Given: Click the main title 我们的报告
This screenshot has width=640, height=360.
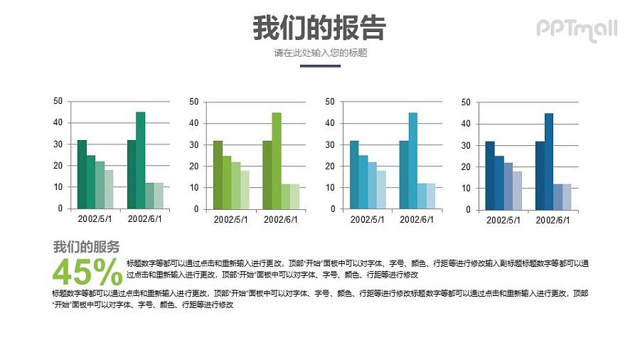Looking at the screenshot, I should pos(319,28).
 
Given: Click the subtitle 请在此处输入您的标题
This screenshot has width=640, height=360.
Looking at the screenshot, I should pos(320,53).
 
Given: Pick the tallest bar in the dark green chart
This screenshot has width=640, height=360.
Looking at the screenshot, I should pos(140,160).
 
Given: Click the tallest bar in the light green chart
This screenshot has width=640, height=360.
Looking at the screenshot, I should pos(276,160).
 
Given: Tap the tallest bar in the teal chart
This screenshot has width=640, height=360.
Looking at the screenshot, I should pos(412,160).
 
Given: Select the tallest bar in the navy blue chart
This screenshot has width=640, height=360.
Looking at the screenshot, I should pos(549,161).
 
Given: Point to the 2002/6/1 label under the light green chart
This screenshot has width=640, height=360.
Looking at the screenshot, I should pos(281,220).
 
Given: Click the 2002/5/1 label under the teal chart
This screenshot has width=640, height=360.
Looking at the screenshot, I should pos(368,220).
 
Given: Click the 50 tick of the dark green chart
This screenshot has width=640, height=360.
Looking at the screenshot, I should pos(58,101).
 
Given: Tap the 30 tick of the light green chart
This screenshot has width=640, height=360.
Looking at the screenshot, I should pos(193,144).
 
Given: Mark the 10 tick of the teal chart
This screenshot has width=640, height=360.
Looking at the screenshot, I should pos(329,188).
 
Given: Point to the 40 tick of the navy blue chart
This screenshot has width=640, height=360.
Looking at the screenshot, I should pos(466,124).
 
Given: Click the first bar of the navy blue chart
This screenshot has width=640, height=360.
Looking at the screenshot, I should pos(490,176).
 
